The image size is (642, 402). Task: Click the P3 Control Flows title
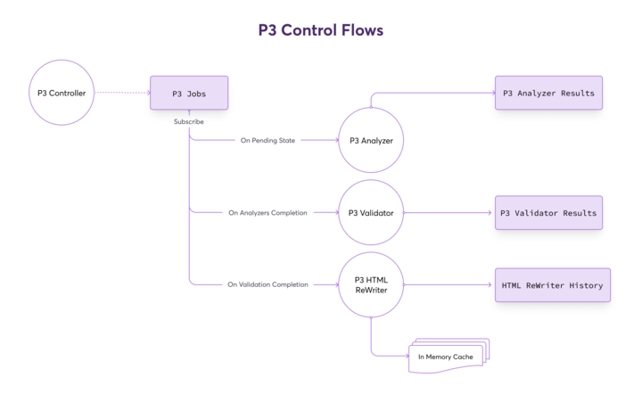(x=321, y=29)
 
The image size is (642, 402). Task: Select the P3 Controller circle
(x=62, y=93)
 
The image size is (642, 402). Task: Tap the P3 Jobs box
(x=189, y=93)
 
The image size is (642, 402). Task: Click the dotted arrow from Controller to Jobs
(x=121, y=93)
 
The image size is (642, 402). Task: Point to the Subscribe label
(x=189, y=121)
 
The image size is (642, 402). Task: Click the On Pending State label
(x=267, y=140)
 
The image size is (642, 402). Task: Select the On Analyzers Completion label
(x=267, y=213)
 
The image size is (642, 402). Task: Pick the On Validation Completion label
(x=267, y=284)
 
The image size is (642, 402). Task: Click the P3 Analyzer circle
(x=371, y=140)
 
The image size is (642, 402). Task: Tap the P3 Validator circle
(x=371, y=213)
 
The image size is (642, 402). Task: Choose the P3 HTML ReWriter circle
(x=371, y=284)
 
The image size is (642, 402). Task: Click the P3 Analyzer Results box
(x=548, y=93)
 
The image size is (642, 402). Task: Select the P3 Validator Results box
(x=548, y=213)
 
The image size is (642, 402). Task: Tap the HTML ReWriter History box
(x=552, y=285)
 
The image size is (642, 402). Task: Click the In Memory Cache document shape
(x=446, y=357)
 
